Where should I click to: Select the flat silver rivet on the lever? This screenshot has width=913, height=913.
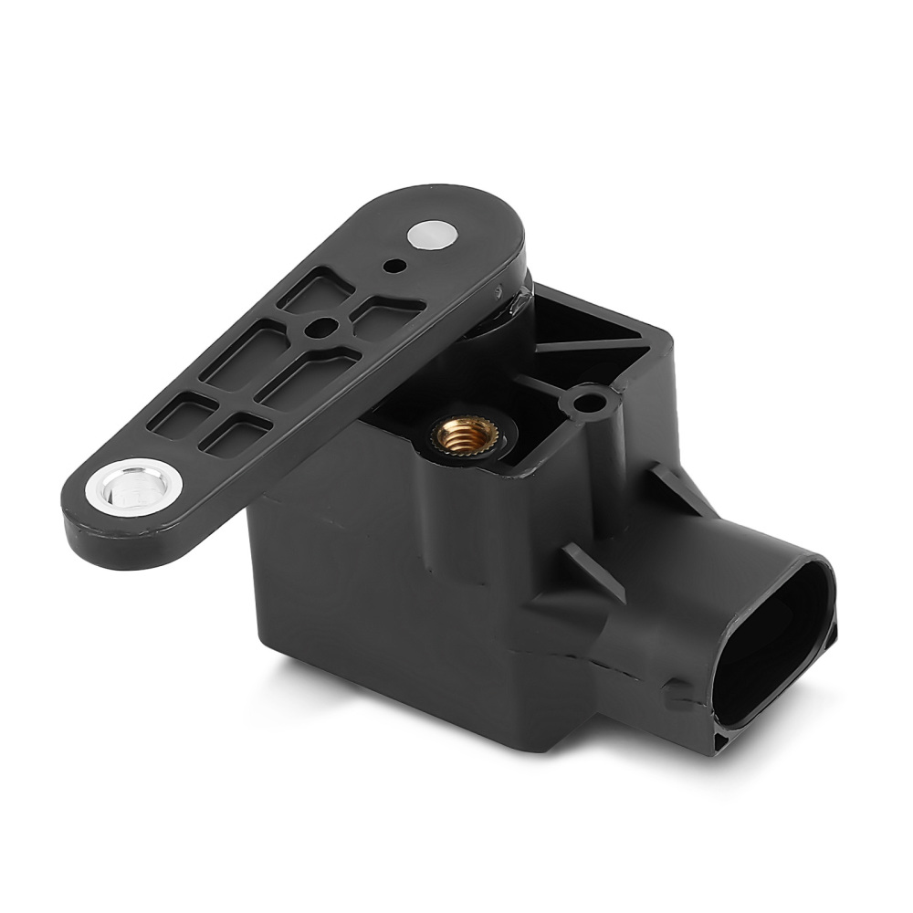[434, 235]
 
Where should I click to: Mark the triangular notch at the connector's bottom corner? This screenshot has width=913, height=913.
[726, 735]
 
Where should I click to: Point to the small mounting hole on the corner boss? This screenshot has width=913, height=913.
[592, 401]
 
